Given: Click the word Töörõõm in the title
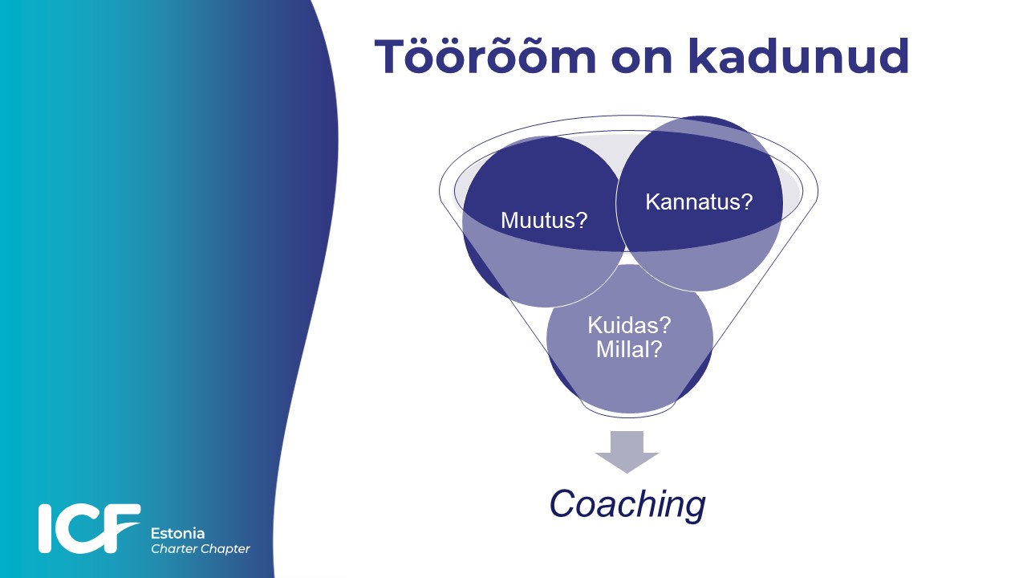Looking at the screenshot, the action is (x=485, y=56).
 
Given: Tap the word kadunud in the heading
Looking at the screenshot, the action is (x=798, y=55).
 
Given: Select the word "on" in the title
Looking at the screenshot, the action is (x=643, y=59).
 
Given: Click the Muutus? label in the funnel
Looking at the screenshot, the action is (x=544, y=220).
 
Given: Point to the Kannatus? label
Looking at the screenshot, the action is (x=699, y=201).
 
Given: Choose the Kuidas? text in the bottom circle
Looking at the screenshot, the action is (x=629, y=325).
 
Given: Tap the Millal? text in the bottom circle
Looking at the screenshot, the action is (x=629, y=349).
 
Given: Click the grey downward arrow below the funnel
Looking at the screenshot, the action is (x=627, y=452).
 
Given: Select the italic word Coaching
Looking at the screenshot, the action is (x=627, y=505).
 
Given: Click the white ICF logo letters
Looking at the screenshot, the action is (x=89, y=528).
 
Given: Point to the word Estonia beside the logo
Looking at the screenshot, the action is (x=177, y=534).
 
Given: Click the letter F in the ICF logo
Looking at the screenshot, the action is (x=121, y=527).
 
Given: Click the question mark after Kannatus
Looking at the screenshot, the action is (x=747, y=201).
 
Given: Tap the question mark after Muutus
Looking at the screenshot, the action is (x=582, y=220).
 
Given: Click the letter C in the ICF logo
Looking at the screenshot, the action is (x=78, y=528).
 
